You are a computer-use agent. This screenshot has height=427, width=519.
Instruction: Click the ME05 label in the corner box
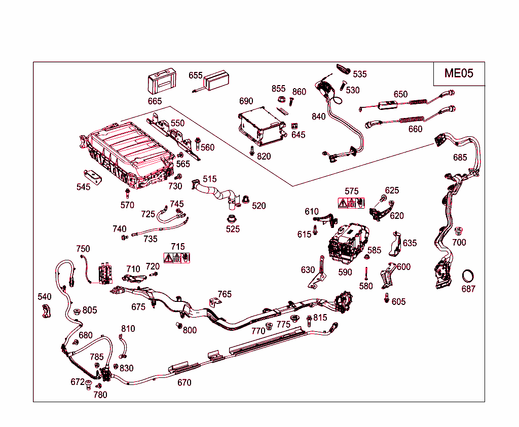tap(459, 73)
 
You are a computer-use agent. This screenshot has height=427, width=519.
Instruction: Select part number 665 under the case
tap(155, 101)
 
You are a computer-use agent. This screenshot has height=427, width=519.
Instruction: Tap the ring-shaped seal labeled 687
tap(468, 277)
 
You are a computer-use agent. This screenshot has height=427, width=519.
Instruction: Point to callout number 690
tap(246, 101)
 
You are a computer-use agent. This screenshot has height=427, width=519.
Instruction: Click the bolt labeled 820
tap(252, 150)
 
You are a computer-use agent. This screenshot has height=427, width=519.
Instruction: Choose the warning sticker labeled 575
tap(351, 203)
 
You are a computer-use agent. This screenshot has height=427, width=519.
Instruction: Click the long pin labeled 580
tap(365, 273)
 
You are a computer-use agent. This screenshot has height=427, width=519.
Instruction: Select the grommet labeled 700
tap(459, 231)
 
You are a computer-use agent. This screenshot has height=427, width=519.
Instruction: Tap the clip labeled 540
tap(46, 312)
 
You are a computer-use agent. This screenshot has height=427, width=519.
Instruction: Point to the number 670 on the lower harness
tap(184, 382)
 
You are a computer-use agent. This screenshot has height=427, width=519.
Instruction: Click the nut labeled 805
tap(77, 312)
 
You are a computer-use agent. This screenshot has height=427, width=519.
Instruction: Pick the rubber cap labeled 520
tap(246, 199)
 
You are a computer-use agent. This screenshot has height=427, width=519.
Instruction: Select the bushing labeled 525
tap(231, 220)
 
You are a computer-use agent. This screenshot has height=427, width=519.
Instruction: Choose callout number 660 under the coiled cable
tap(415, 129)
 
